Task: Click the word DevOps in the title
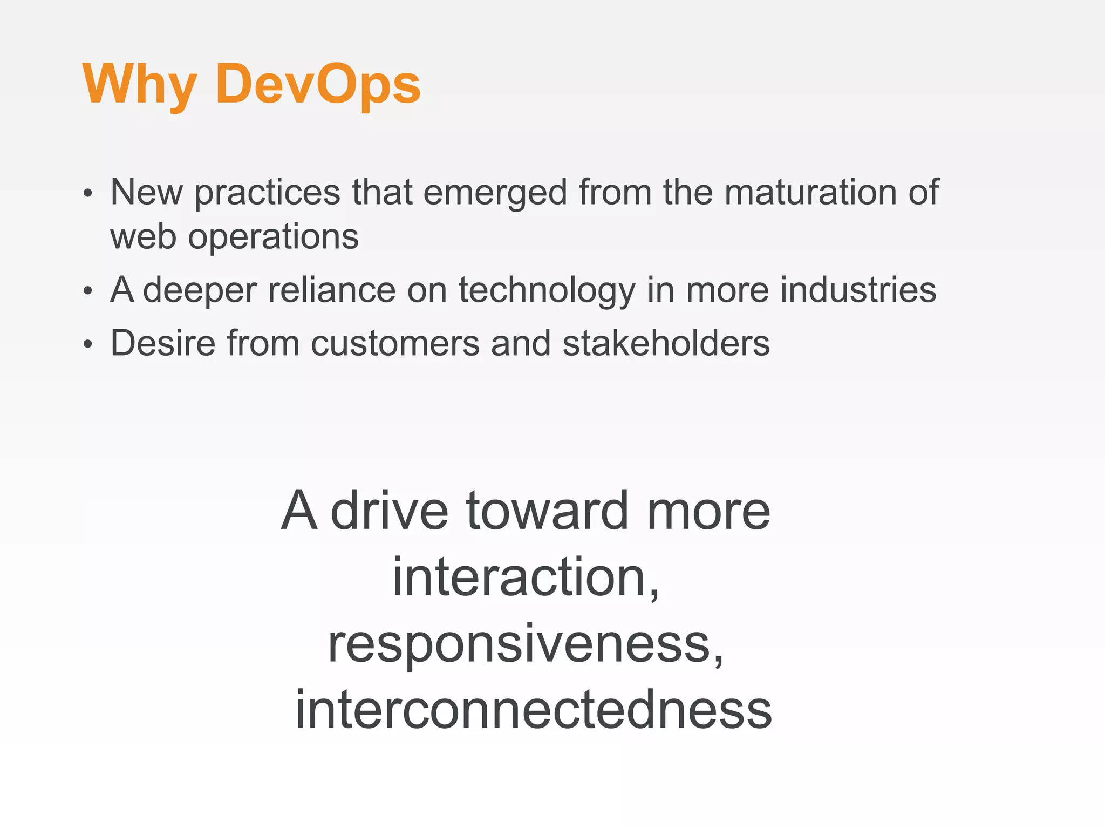tap(318, 85)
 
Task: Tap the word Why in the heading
tap(139, 85)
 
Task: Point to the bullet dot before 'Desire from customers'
tap(88, 345)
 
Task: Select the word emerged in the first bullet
tap(495, 193)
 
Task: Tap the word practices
tap(267, 193)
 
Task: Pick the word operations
tap(273, 237)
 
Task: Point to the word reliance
tap(332, 290)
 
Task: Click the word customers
tap(395, 344)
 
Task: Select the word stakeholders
tap(666, 343)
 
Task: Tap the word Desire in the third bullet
tap(163, 343)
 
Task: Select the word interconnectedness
tap(534, 710)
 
